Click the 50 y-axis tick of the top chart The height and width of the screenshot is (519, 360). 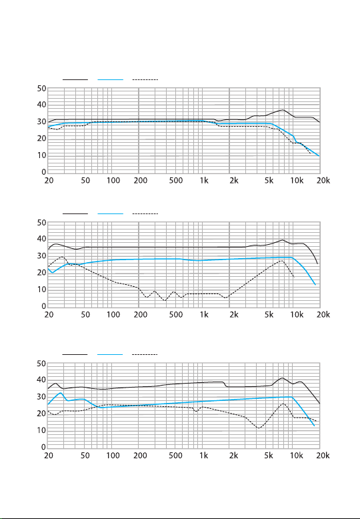point(42,89)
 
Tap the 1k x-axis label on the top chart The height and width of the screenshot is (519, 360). point(204,180)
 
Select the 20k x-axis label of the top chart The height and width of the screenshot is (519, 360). point(323,180)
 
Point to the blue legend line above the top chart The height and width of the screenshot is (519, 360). point(110,79)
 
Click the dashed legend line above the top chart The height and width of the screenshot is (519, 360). point(145,79)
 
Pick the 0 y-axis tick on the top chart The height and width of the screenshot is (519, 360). point(44,172)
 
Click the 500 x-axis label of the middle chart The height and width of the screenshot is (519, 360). point(176,314)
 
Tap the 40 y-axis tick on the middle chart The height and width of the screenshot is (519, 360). point(42,239)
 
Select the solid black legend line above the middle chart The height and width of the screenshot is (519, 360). point(75,214)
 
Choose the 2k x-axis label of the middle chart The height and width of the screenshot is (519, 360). point(234,314)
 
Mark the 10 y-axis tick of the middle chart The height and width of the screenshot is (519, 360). point(42,290)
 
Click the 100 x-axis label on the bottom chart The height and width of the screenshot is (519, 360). point(113,456)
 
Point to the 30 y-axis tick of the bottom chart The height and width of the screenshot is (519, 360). point(42,396)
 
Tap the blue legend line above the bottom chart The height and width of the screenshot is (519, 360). point(110,354)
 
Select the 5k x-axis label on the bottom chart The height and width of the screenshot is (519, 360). point(269,456)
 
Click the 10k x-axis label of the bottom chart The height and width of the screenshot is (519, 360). point(297,456)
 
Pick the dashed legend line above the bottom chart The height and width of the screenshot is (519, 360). point(145,354)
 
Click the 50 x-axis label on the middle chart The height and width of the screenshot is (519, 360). point(85,314)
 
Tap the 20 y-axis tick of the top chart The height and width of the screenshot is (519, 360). point(42,138)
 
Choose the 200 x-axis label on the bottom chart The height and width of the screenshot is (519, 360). point(140,456)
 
